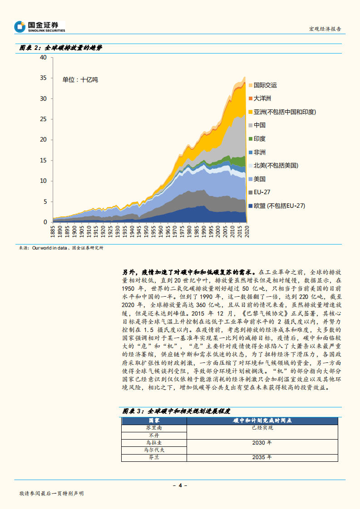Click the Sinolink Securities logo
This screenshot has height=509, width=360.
[x=39, y=27]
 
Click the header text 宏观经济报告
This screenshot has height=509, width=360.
[x=325, y=29]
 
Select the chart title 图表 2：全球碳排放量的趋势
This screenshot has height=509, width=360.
[x=60, y=48]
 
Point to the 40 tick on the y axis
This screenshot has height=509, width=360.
[x=44, y=57]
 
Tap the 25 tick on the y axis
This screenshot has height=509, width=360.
[x=44, y=119]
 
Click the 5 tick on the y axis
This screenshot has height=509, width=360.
[x=45, y=201]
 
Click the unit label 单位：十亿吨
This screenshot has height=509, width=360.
[x=80, y=79]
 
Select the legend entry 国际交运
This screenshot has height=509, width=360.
[x=265, y=85]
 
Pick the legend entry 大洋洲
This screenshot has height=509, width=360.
[x=262, y=98]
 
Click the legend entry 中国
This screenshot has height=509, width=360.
[x=259, y=125]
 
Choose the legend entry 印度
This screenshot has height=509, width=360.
[x=259, y=138]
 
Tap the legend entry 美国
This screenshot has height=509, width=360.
[x=259, y=179]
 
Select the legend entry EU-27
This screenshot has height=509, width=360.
[x=262, y=192]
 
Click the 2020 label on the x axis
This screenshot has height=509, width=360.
[x=247, y=231]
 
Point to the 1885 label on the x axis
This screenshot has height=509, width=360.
[x=54, y=231]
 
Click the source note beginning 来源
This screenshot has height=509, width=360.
[x=61, y=248]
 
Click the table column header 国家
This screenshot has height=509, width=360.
[x=154, y=421]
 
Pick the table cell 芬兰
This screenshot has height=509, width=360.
[x=154, y=457]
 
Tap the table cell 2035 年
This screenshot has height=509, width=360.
[x=261, y=457]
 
